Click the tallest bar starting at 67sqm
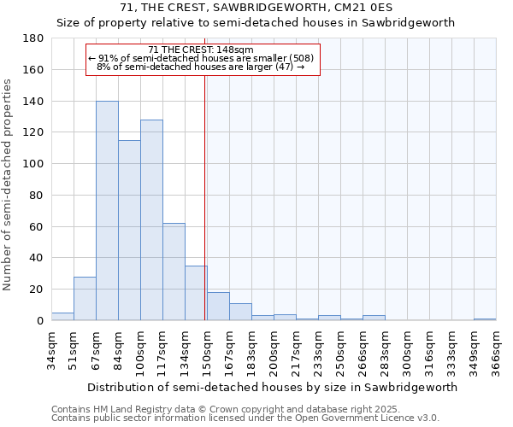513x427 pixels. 107,211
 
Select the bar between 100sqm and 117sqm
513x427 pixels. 151,220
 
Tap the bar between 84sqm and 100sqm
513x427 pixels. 129,231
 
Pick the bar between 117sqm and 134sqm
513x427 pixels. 174,272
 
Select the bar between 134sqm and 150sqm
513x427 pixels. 196,293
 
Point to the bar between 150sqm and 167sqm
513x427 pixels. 218,307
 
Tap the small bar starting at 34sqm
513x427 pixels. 62,317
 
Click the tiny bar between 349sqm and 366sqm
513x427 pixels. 485,319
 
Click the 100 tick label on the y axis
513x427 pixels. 33,164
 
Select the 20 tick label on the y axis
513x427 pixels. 36,290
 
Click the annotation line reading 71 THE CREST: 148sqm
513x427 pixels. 201,50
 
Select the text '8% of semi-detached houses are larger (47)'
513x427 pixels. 201,67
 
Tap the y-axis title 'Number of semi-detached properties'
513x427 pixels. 9,184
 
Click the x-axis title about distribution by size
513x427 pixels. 272,387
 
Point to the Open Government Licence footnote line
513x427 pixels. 245,418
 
